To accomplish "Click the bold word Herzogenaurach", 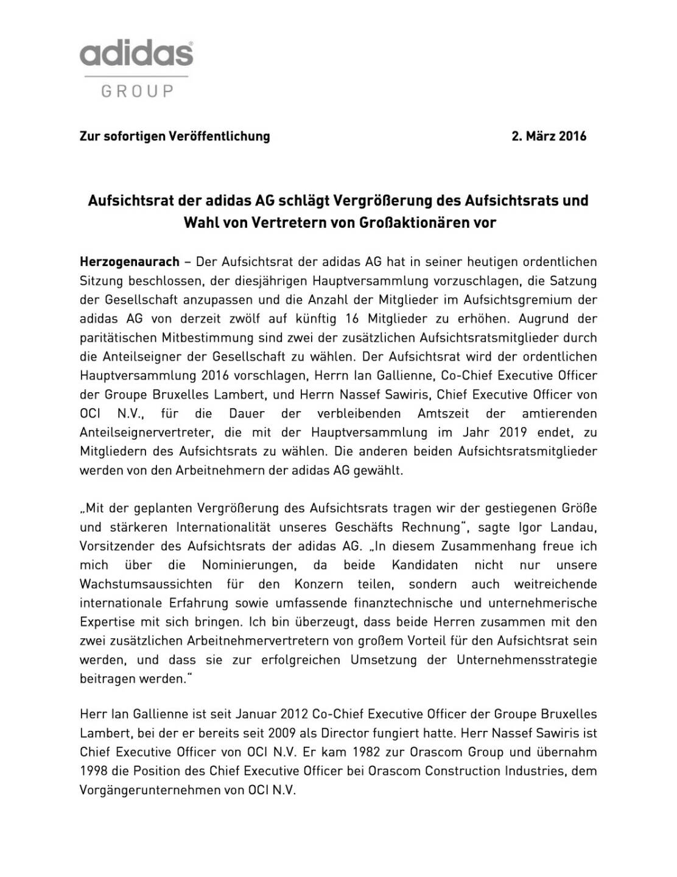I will click(x=130, y=262).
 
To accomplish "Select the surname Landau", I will click(x=572, y=527).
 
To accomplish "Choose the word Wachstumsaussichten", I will click(x=146, y=584).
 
